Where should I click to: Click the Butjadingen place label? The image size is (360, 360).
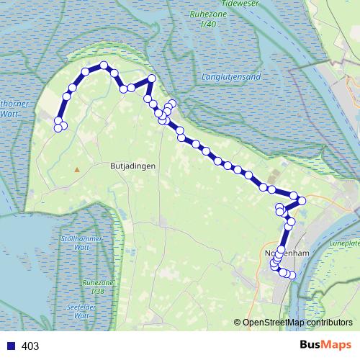(133, 165)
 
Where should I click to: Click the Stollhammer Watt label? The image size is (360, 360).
(84, 243)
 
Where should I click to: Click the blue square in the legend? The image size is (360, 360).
(12, 346)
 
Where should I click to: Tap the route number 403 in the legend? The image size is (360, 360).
(30, 346)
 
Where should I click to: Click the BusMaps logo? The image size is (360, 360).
(325, 346)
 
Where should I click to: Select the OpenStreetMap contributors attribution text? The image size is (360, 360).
(297, 322)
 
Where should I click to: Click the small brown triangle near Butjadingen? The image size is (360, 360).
(76, 170)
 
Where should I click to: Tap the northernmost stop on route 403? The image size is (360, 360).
(104, 66)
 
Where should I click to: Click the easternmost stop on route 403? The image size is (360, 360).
(302, 199)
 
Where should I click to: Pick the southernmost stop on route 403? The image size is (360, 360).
(292, 275)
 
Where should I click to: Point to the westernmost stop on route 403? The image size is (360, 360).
(58, 128)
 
